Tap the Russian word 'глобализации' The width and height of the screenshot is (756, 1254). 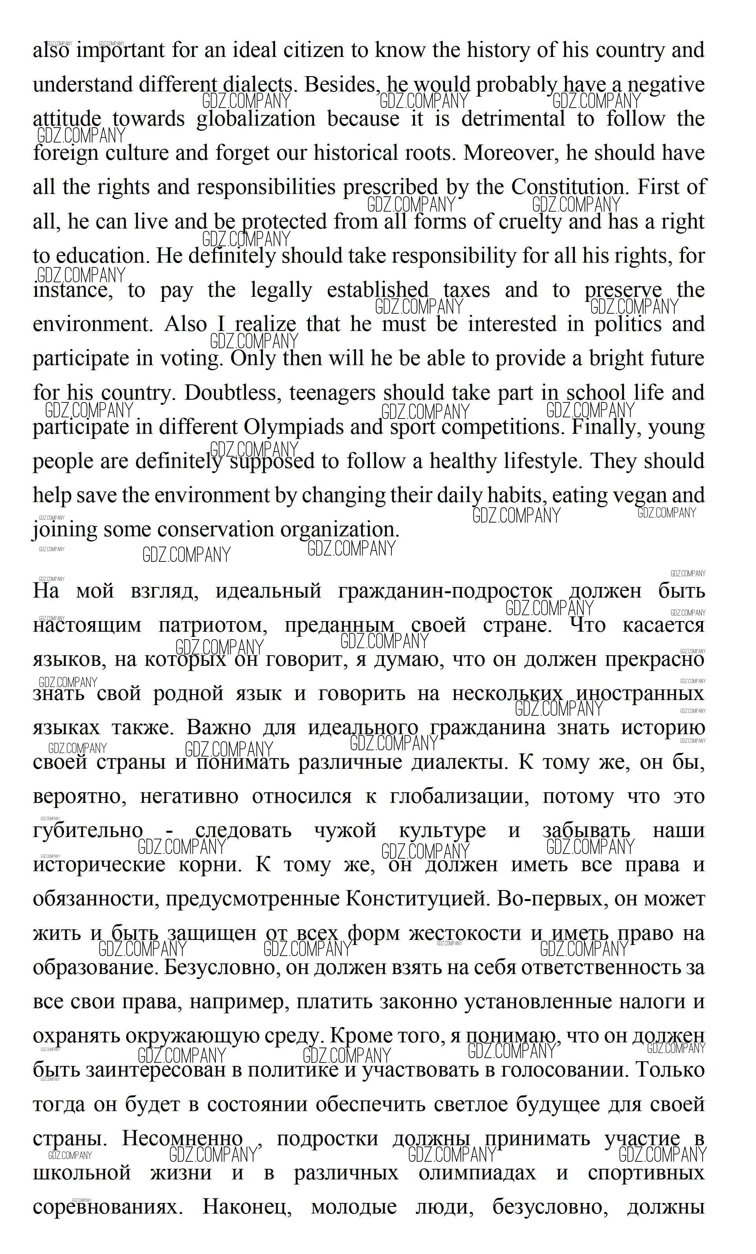tap(459, 797)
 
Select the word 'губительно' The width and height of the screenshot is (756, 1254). tap(88, 831)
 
